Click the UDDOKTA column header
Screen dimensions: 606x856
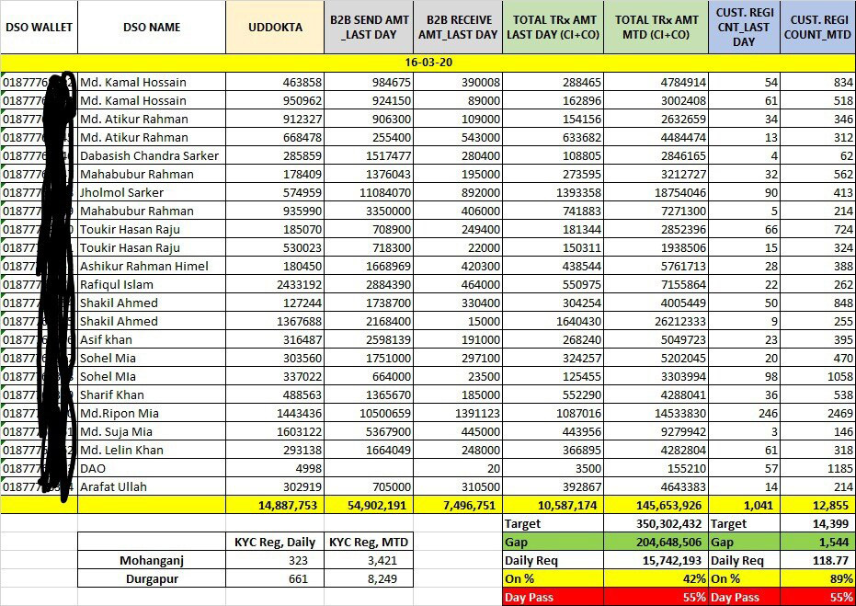coord(275,27)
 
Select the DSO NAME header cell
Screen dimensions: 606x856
coord(152,27)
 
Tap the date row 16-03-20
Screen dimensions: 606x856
coord(428,63)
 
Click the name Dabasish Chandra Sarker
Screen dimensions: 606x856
coord(150,155)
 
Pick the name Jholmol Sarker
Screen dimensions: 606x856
coord(122,192)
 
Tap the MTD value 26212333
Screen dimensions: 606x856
coord(674,321)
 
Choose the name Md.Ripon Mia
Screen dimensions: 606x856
coord(120,413)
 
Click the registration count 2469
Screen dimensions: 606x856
coord(833,413)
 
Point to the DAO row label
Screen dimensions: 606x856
coord(94,468)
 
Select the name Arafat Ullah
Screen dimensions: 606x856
coord(114,486)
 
